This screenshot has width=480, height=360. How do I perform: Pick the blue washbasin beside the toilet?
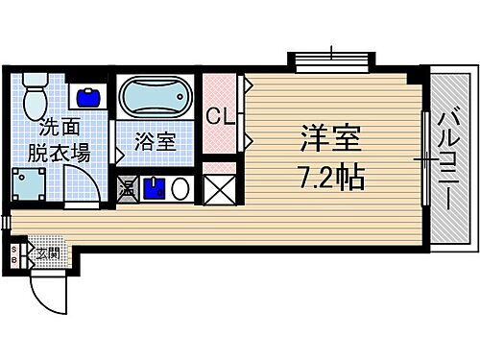click(x=89, y=97)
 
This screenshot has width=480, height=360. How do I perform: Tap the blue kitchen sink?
click(x=153, y=186)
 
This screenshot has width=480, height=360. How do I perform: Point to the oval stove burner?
click(x=180, y=187)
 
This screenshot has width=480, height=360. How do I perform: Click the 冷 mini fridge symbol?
click(x=127, y=187)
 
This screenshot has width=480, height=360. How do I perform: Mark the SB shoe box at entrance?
click(x=13, y=254)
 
